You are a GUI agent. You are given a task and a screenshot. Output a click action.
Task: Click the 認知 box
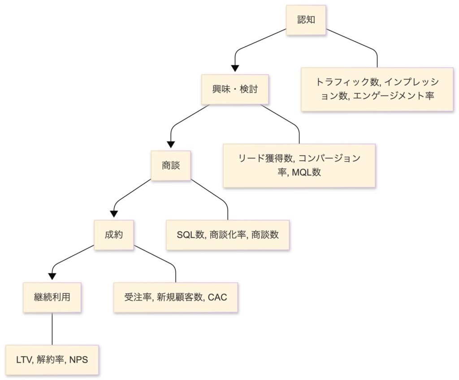pyautogui.click(x=306, y=20)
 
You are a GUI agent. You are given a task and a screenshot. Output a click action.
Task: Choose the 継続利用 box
pyautogui.click(x=52, y=297)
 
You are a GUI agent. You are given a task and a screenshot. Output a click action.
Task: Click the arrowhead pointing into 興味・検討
pyautogui.click(x=234, y=68)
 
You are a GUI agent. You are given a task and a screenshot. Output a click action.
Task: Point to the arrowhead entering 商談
pyautogui.click(x=171, y=144)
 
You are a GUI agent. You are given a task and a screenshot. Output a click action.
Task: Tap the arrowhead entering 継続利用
pyautogui.click(x=52, y=276)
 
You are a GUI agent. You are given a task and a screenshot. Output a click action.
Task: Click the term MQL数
pyautogui.click(x=309, y=172)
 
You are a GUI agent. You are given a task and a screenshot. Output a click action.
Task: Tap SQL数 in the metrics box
pyautogui.click(x=190, y=234)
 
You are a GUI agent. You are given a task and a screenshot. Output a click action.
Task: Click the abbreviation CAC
pyautogui.click(x=218, y=297)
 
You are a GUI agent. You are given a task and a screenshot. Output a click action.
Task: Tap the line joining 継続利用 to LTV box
pyautogui.click(x=52, y=328)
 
